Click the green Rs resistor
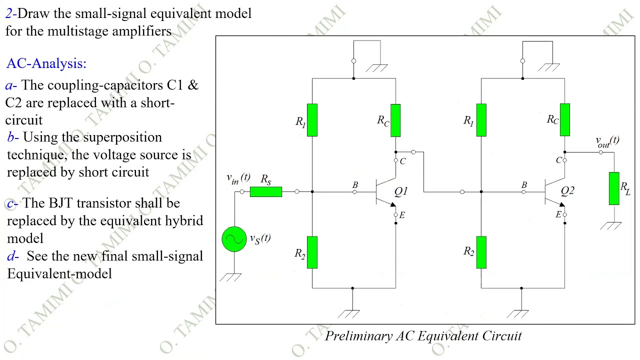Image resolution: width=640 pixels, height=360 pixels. [x=265, y=191]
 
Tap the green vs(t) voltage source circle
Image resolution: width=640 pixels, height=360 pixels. [x=234, y=239]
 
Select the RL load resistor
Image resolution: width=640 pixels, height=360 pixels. [x=614, y=188]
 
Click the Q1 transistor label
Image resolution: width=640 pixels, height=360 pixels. [x=401, y=191]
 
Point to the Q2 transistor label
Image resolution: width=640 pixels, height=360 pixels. [x=567, y=190]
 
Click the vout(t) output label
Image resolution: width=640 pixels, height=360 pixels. [x=607, y=141]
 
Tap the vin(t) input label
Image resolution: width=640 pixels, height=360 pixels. [x=238, y=178]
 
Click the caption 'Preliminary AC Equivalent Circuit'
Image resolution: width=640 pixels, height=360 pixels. [x=423, y=336]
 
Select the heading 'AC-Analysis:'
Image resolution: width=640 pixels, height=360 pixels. [x=46, y=63]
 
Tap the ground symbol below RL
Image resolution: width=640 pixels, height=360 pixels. [x=610, y=225]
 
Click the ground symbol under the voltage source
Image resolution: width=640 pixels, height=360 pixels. [x=230, y=277]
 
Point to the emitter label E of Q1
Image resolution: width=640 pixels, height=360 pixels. [x=402, y=215]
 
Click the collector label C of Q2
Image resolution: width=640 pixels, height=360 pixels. [x=558, y=160]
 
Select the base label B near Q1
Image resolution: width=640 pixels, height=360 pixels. [x=355, y=185]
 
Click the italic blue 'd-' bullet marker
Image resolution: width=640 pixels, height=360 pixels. [x=13, y=256]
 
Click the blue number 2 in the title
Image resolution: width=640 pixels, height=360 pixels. [x=9, y=13]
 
